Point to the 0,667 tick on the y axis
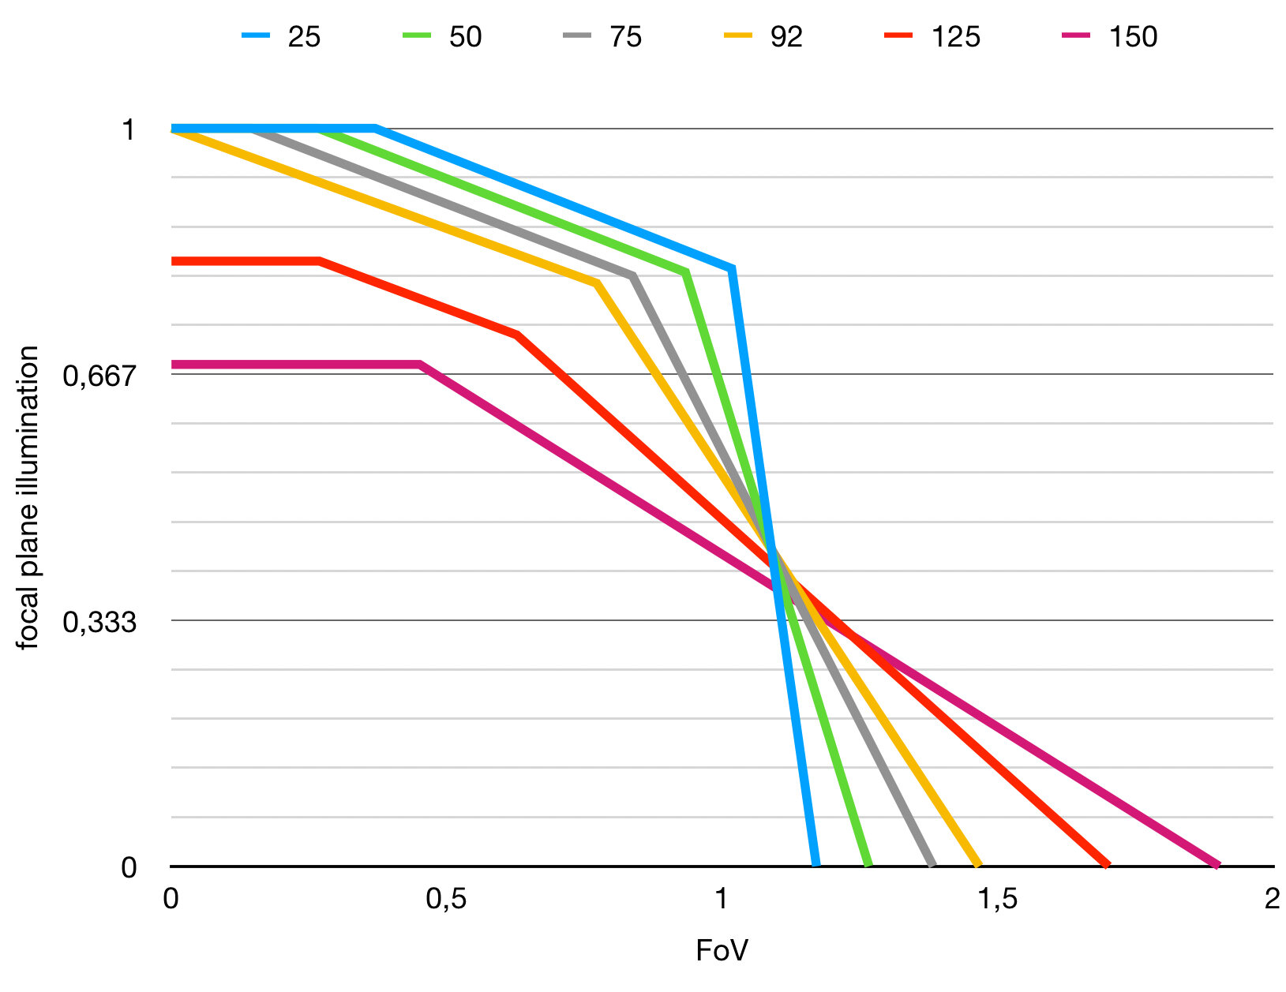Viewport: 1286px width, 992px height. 99,375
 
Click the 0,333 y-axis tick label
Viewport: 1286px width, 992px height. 99,622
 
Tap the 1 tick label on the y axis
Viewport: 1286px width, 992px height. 128,129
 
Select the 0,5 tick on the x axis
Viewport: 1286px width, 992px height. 446,899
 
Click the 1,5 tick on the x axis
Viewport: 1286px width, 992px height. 998,899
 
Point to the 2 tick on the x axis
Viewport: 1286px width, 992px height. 1272,899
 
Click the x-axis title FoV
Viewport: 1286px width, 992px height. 722,951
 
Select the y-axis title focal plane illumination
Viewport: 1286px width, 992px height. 28,497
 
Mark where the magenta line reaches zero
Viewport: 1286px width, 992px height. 1217,866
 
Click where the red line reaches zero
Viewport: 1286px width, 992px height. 1107,866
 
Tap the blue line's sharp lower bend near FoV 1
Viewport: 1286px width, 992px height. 733,269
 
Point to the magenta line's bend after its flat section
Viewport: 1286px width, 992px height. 420,365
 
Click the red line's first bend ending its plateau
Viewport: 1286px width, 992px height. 319,260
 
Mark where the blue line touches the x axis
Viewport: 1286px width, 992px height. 815,866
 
